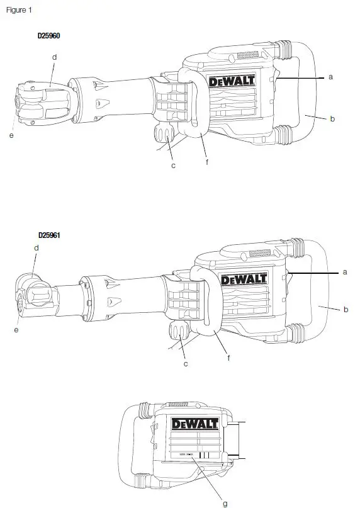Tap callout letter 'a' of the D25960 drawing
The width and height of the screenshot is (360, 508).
click(330, 77)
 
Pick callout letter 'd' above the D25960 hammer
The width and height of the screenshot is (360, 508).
click(55, 57)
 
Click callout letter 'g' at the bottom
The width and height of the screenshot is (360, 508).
click(225, 503)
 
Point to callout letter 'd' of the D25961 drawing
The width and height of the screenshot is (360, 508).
click(37, 247)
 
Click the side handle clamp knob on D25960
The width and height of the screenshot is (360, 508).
click(164, 135)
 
